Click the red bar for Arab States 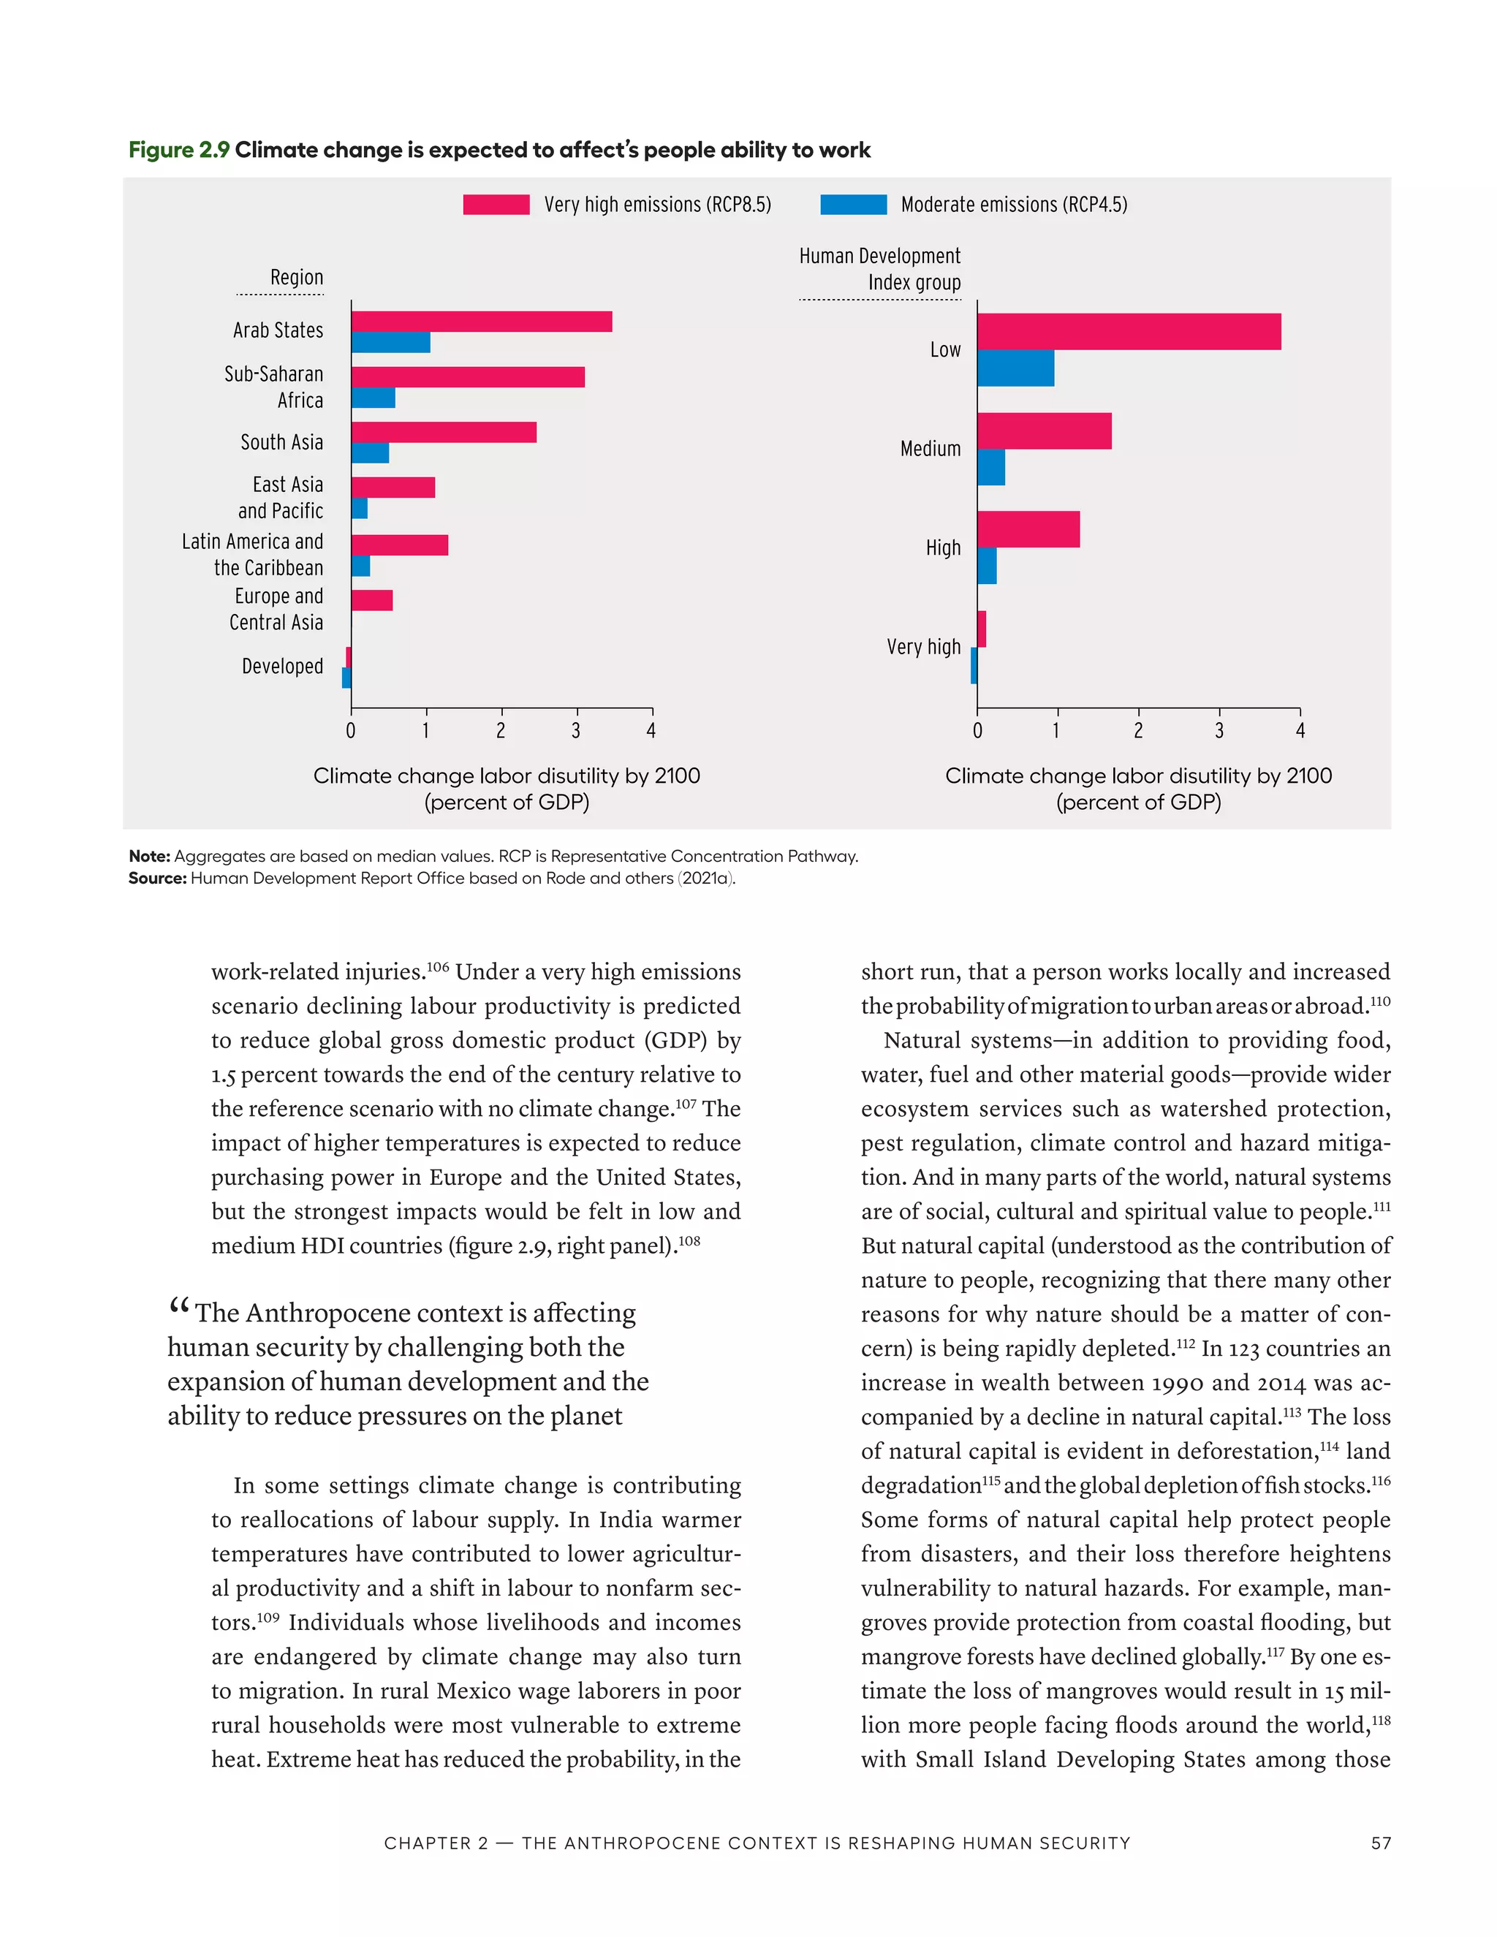482,321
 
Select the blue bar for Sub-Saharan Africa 374,398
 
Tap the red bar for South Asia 444,432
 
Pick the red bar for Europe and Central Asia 371,600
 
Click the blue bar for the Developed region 346,678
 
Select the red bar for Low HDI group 1128,332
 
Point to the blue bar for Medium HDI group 990,467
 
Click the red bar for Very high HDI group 982,629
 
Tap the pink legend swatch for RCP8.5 496,205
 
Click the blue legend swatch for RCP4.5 853,205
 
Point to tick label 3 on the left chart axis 577,731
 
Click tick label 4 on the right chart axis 1300,731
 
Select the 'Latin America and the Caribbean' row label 253,554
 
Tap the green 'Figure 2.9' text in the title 179,150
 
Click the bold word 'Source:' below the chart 157,878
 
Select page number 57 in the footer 1381,1843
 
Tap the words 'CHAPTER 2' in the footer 436,1843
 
